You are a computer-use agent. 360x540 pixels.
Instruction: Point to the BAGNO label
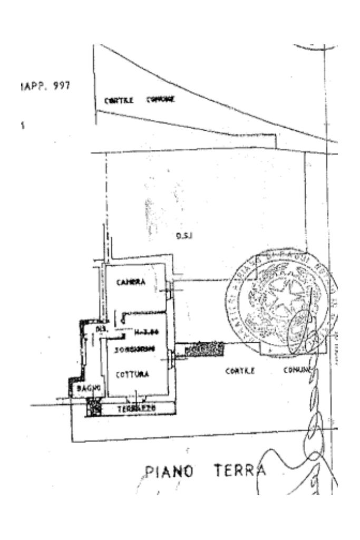[86, 389]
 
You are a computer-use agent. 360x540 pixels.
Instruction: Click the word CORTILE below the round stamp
[240, 370]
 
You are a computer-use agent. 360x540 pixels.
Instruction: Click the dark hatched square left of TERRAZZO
[94, 407]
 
